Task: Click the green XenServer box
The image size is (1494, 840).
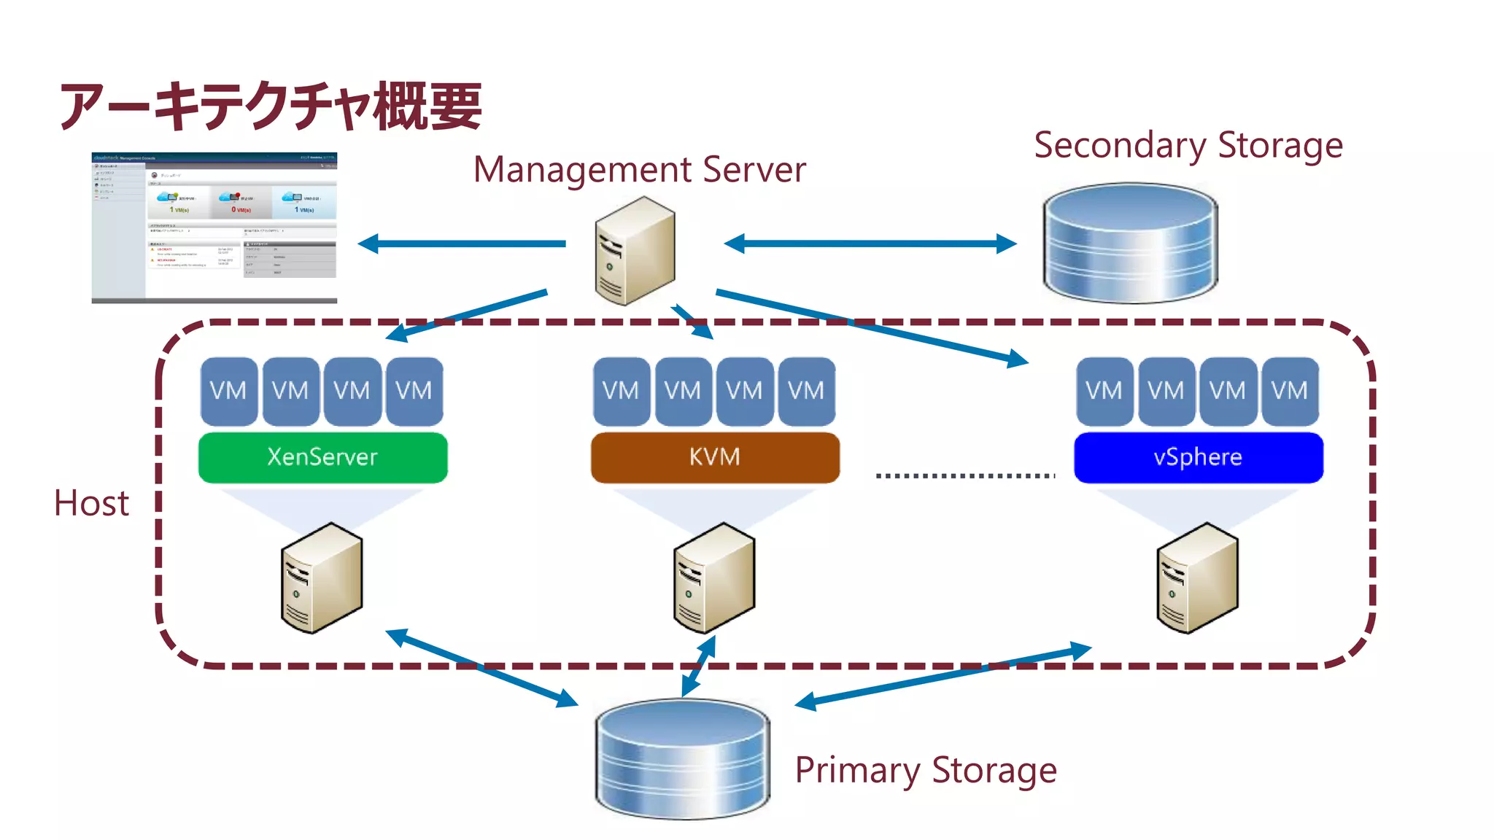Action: point(322,457)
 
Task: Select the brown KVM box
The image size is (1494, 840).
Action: point(715,457)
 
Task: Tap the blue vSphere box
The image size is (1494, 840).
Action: point(1198,457)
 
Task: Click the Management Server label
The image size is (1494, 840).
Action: point(639,169)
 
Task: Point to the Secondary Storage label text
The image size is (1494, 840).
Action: point(1188,145)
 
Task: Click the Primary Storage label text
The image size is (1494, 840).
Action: point(925,770)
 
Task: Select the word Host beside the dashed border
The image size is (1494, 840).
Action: point(92,503)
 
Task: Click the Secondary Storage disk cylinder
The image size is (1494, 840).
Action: point(1129,244)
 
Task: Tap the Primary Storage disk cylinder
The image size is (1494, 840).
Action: point(682,758)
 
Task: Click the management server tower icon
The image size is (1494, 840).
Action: point(635,252)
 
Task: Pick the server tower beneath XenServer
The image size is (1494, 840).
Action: point(322,577)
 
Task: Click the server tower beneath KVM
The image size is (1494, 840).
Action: point(713,577)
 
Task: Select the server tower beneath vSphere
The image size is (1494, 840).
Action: point(1197,577)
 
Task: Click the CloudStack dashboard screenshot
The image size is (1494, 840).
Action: point(214,227)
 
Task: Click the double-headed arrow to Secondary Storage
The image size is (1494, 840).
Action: point(870,244)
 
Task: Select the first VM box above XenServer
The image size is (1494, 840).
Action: point(228,391)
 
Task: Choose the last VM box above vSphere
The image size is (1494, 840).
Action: point(1289,391)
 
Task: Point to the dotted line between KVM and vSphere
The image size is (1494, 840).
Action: point(964,475)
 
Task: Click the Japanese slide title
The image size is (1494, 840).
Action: point(270,106)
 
